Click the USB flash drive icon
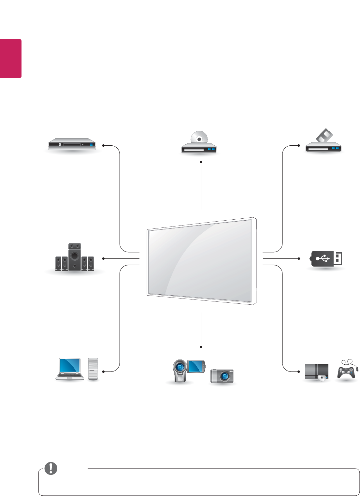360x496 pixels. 326,259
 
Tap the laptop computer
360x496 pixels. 69,369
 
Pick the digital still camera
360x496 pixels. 222,376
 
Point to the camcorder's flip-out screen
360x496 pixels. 196,367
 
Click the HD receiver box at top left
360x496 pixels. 72,144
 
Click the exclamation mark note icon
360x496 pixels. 51,468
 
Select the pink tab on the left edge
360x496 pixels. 11,59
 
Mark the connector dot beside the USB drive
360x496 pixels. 299,258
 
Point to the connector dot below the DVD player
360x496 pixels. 201,162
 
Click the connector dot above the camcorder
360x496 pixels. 201,346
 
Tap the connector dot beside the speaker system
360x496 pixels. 103,258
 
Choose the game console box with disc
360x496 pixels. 316,372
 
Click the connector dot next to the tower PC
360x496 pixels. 103,371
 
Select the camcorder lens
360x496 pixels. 179,367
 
